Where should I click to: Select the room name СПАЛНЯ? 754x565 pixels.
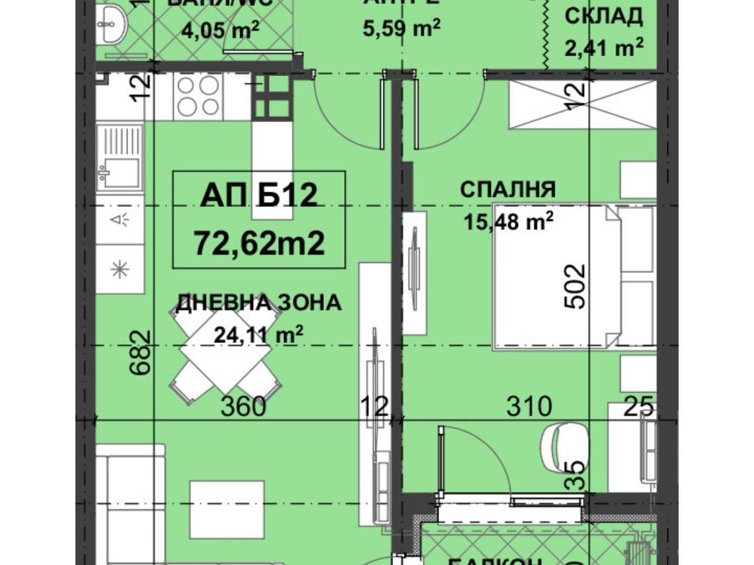point(507,190)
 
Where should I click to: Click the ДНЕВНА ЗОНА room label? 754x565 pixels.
point(259,303)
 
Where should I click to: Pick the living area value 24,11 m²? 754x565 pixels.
point(258,335)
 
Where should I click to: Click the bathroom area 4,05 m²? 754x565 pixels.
point(220,30)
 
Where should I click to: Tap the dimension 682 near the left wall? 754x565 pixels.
point(141,352)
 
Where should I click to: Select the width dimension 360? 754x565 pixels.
point(243,405)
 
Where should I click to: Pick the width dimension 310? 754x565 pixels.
point(528,405)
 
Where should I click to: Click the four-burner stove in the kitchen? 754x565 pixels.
point(198,96)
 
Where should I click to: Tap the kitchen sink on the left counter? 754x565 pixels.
point(120,158)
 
